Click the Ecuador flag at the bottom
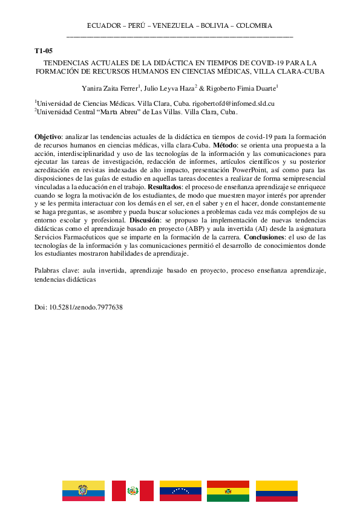pos(83,491)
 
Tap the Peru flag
pos(133,491)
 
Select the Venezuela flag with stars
pos(180,491)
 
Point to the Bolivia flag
pos(228,491)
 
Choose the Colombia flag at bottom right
pos(277,491)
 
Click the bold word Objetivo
pos(48,137)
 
